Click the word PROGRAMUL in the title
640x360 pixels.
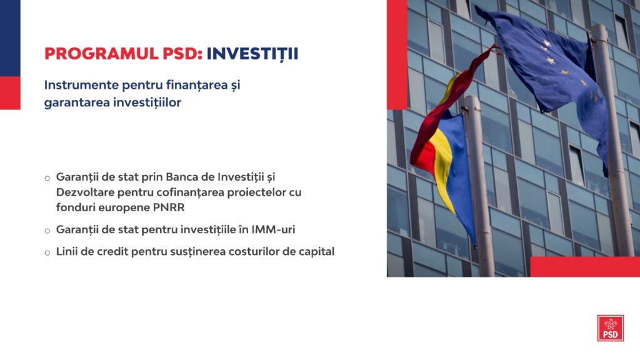pos(101,54)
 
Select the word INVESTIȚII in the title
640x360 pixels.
pos(252,54)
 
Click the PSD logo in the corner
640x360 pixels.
pos(610,327)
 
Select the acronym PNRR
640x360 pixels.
pos(169,207)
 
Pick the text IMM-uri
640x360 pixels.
pos(273,229)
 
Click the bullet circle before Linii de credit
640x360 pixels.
pos(47,253)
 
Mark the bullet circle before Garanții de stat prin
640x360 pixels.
pos(47,178)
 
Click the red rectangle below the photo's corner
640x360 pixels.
pos(585,267)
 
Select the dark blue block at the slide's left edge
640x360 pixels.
pos(10,38)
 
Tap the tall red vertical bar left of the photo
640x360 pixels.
pos(397,55)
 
